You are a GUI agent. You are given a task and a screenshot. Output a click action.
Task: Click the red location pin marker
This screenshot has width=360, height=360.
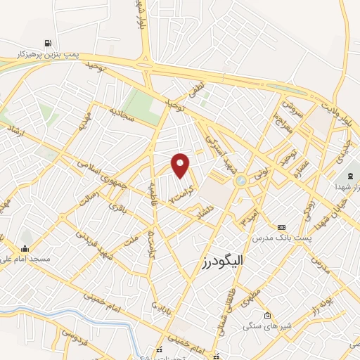tap(181, 165)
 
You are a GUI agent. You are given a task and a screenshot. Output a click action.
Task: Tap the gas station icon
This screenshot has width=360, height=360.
tap(47, 42)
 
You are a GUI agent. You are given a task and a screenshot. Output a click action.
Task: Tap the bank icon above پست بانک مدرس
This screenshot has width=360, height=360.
tap(282, 228)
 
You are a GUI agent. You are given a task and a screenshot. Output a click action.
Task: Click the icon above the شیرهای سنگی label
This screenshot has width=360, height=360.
tap(267, 315)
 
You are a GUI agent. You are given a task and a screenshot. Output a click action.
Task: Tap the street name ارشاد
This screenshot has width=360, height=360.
tap(11, 132)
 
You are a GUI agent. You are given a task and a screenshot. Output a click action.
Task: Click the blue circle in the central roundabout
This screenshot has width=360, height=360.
tap(241, 180)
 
